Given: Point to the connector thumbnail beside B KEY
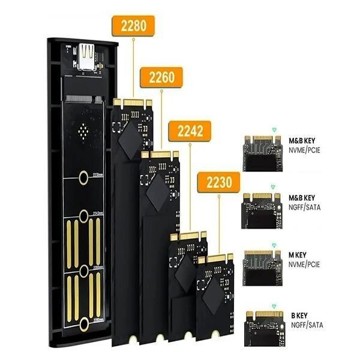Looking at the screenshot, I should (262, 325).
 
